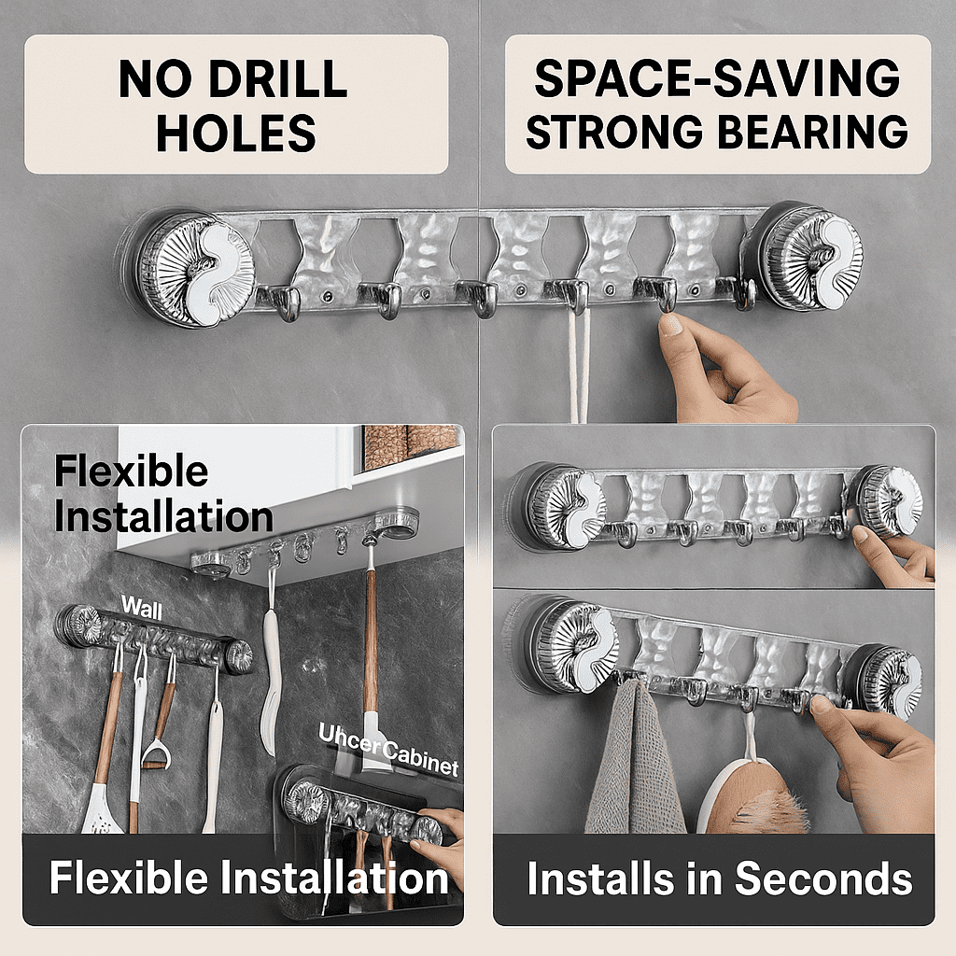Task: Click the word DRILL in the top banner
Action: click(x=276, y=81)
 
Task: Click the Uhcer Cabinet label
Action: click(x=388, y=749)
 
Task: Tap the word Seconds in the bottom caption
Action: click(x=822, y=879)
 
